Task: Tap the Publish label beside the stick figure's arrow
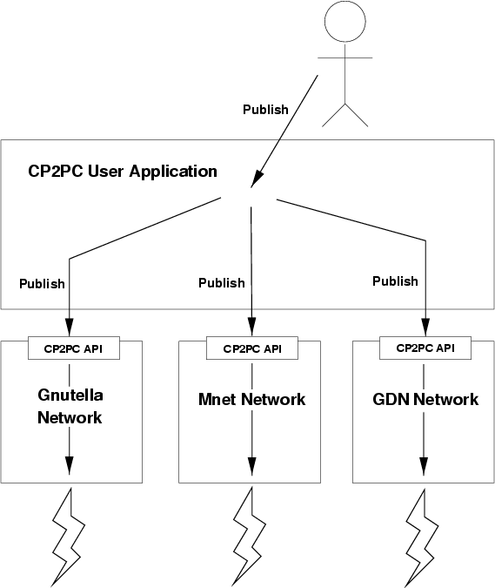[265, 110]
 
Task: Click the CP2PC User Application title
[123, 172]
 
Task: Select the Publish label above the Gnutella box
[42, 284]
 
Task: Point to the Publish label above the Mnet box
[222, 283]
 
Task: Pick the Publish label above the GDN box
[395, 280]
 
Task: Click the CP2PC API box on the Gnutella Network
[74, 348]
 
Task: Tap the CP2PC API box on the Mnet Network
[252, 348]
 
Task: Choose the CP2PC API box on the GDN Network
[425, 348]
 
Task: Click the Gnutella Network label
[70, 407]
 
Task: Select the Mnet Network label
[252, 399]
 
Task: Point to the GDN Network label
[425, 399]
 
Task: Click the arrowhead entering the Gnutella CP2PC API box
[70, 328]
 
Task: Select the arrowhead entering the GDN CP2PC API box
[425, 327]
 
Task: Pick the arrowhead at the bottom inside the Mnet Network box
[252, 467]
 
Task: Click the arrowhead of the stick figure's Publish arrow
[257, 179]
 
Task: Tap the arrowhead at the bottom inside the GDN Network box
[424, 467]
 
